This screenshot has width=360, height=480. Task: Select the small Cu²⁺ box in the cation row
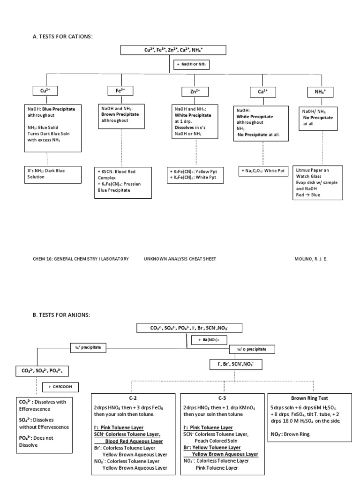click(x=45, y=91)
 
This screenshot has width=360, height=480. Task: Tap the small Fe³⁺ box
click(x=120, y=90)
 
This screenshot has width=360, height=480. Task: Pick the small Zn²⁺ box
click(x=195, y=91)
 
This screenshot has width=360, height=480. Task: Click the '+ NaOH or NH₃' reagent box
click(x=192, y=64)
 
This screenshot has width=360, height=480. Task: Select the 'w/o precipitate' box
click(x=252, y=349)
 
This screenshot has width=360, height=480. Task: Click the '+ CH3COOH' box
click(x=60, y=387)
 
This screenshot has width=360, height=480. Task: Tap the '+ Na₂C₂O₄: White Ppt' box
click(x=262, y=171)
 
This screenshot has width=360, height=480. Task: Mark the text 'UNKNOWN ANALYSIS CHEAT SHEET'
click(x=180, y=258)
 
